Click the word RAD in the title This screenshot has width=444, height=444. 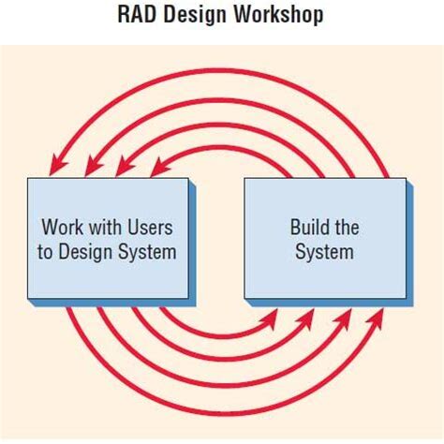(x=137, y=16)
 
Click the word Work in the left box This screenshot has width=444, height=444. (x=61, y=228)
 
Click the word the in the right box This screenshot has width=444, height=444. (x=346, y=228)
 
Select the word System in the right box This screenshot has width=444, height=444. (x=324, y=251)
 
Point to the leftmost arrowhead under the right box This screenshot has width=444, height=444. (x=271, y=318)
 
